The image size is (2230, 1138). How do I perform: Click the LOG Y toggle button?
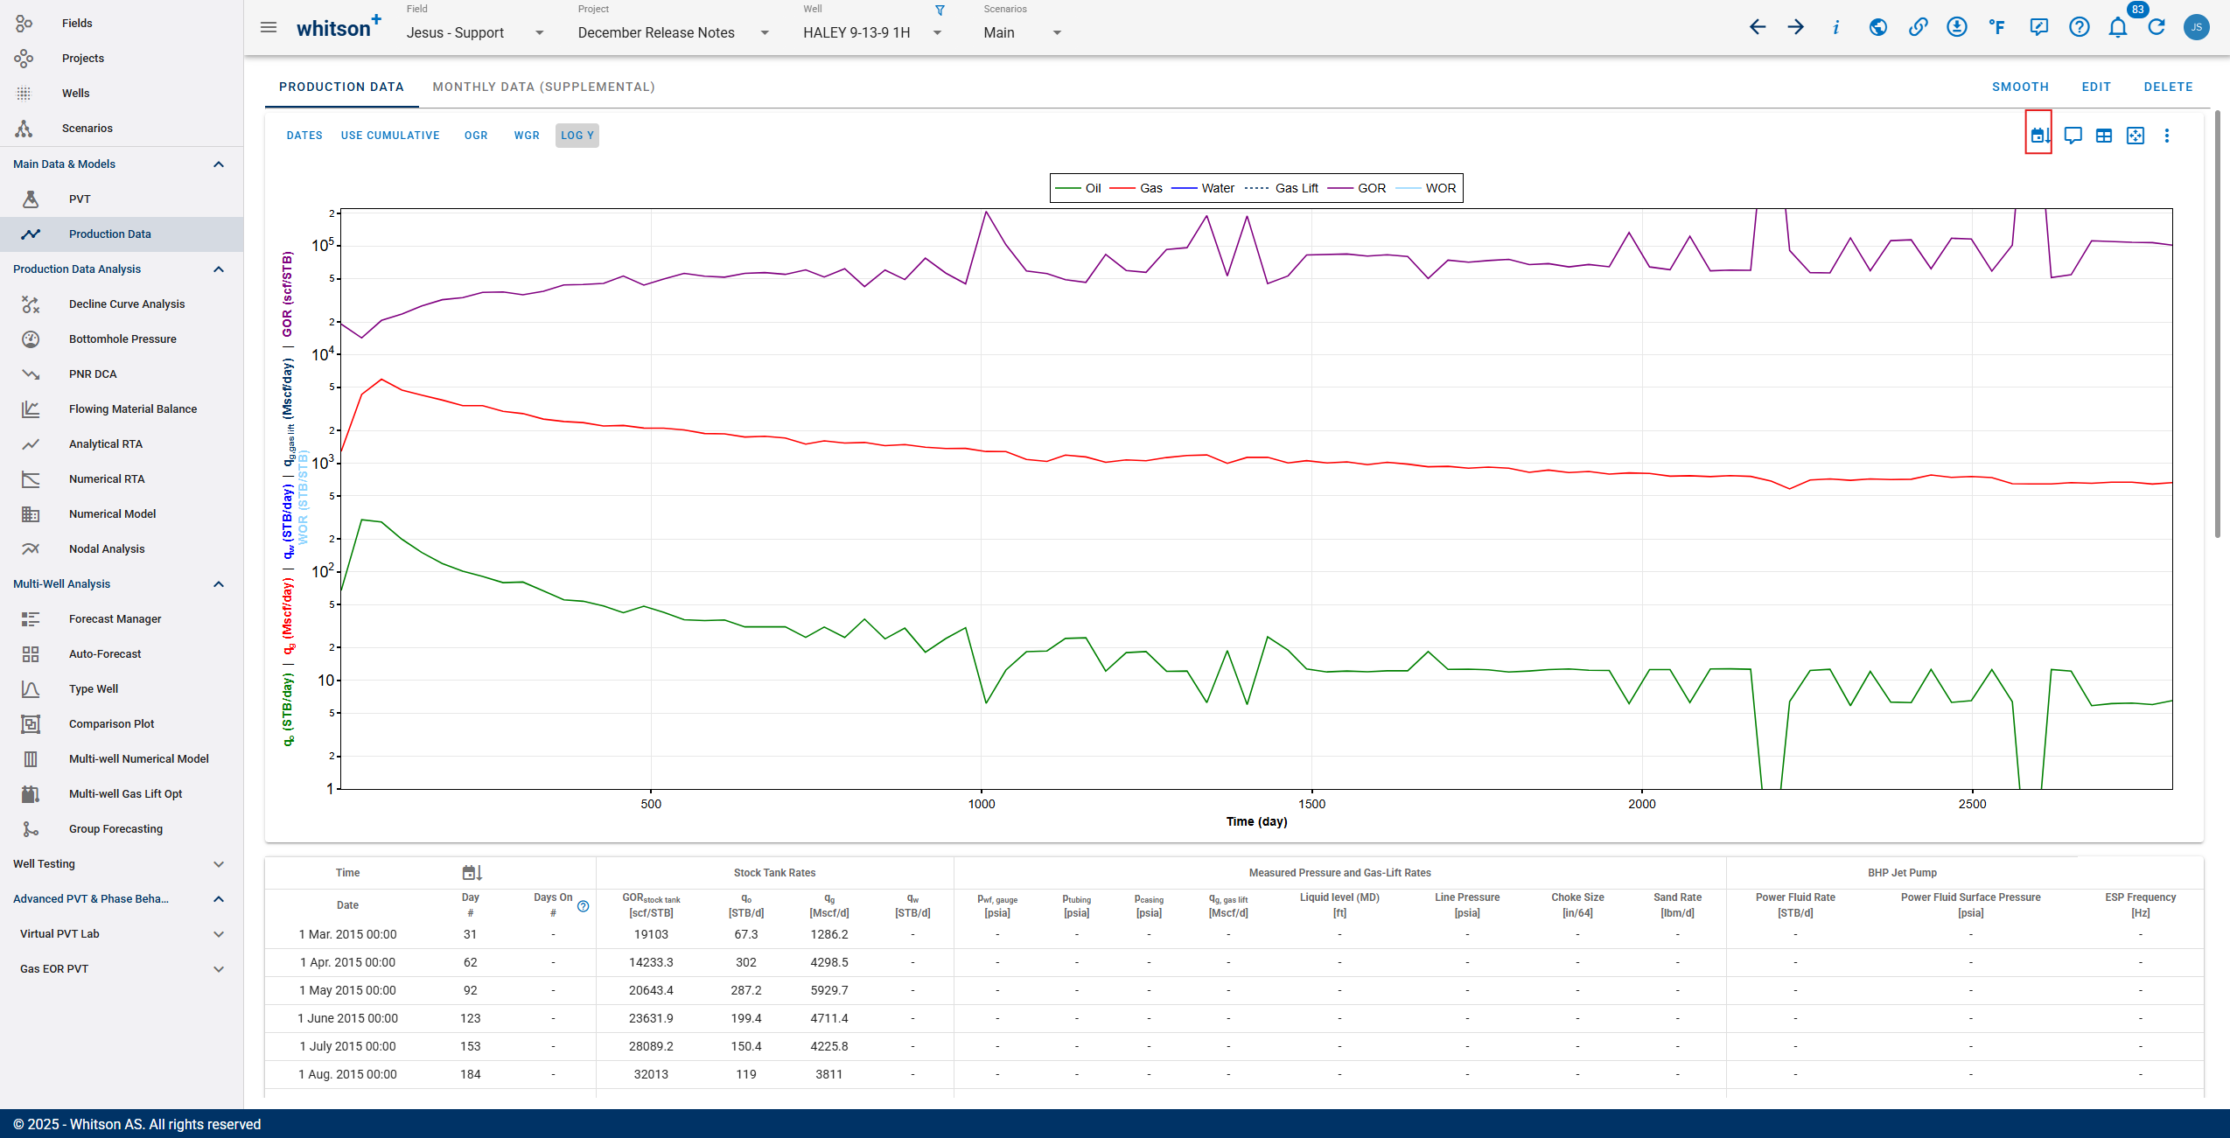[577, 136]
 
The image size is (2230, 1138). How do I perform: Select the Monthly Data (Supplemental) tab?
[543, 87]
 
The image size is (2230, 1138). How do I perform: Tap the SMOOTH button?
[2020, 87]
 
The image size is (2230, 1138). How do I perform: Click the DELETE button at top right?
[2168, 87]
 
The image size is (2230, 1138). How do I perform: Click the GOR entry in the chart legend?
[1370, 188]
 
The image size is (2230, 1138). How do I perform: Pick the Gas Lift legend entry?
[1295, 188]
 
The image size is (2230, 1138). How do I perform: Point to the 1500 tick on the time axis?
[1311, 804]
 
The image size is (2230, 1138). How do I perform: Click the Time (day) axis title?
[1255, 821]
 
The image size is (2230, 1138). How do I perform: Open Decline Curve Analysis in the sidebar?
[127, 304]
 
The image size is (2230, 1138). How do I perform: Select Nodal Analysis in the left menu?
[107, 549]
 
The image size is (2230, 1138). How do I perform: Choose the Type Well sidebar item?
[94, 689]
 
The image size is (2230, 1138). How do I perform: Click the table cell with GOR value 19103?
[651, 934]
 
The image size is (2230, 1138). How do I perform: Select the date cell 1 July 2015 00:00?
[347, 1046]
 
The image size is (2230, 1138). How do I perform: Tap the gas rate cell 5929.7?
[828, 990]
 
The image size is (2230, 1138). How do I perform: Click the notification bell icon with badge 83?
[2117, 27]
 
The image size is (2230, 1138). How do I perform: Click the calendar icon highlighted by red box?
[2038, 136]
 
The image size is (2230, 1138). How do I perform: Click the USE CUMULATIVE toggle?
[390, 136]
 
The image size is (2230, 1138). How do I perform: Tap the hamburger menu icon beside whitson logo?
[269, 27]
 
